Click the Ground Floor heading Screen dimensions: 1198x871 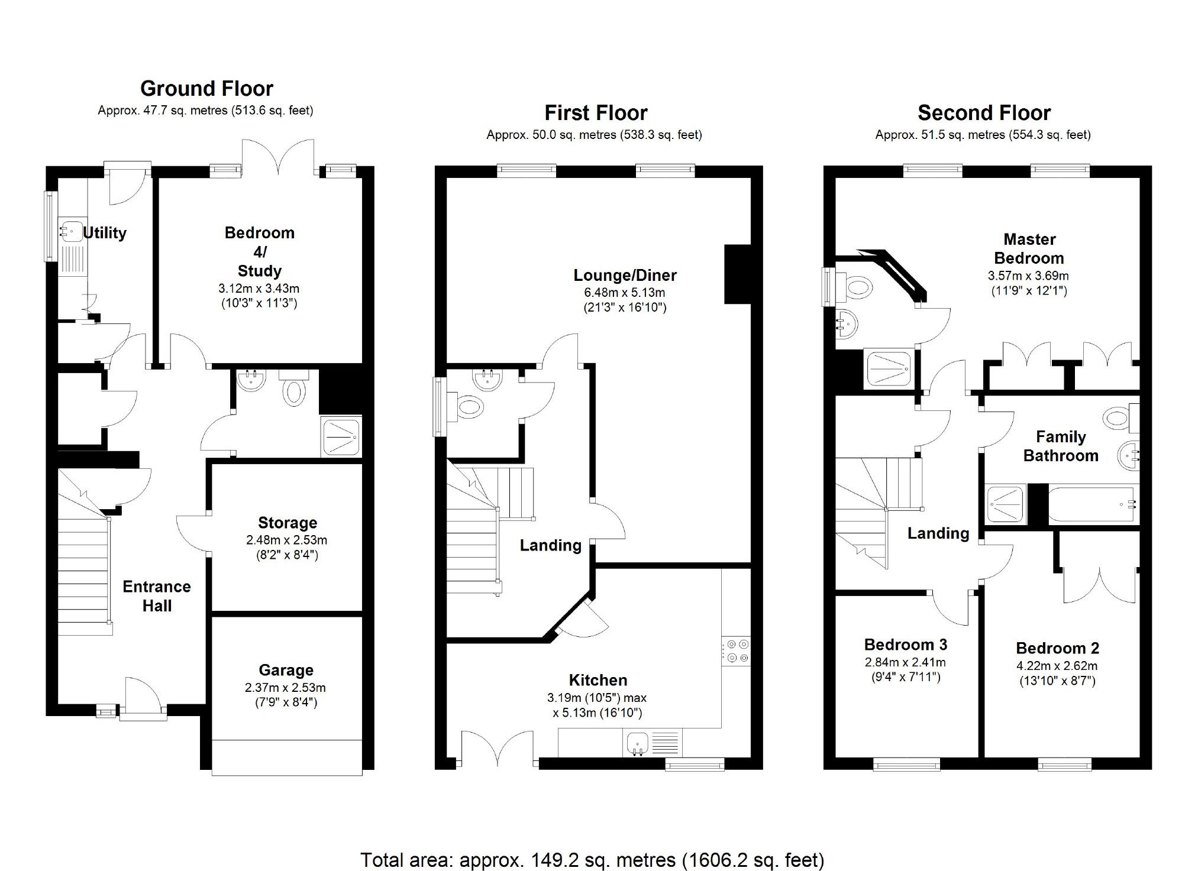pyautogui.click(x=206, y=89)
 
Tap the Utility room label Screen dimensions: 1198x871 pyautogui.click(x=105, y=233)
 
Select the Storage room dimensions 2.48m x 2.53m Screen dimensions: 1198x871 pyautogui.click(x=287, y=540)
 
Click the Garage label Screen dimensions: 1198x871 pyautogui.click(x=286, y=670)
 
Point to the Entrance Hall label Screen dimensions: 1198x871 pyautogui.click(x=157, y=596)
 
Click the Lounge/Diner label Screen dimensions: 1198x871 pyautogui.click(x=625, y=275)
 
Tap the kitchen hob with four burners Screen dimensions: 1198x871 pyautogui.click(x=736, y=651)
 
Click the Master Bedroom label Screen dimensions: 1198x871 pyautogui.click(x=1029, y=249)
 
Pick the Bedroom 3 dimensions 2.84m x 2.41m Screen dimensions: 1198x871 pyautogui.click(x=905, y=662)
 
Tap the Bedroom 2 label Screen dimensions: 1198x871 pyautogui.click(x=1058, y=648)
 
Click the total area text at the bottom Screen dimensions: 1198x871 pyautogui.click(x=592, y=860)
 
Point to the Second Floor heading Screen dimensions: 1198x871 pyautogui.click(x=984, y=113)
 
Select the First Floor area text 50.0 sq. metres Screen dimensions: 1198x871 pyautogui.click(x=594, y=135)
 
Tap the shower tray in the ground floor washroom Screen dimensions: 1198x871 pyautogui.click(x=341, y=437)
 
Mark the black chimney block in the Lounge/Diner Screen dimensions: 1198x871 pyautogui.click(x=737, y=274)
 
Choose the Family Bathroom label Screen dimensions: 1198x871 pyautogui.click(x=1061, y=446)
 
